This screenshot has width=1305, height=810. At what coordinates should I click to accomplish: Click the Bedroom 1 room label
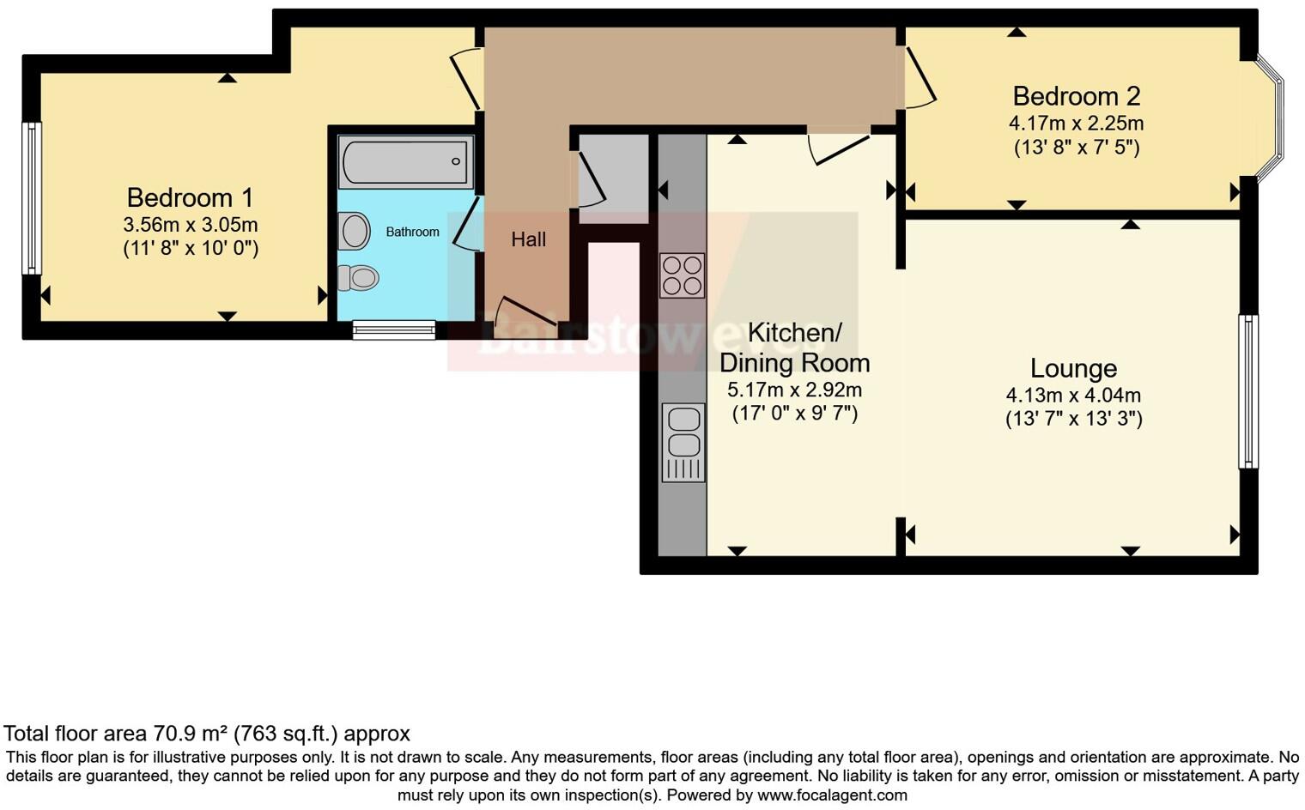coord(190,198)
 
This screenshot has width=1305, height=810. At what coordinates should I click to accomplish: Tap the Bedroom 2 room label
coord(1076,96)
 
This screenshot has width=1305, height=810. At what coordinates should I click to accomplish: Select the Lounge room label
coord(1073,368)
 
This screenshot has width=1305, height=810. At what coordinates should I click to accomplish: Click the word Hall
coord(528,239)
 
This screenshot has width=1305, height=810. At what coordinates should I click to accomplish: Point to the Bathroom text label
coord(412,232)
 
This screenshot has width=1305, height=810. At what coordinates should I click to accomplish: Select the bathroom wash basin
coord(354,231)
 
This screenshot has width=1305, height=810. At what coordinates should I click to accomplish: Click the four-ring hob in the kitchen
coord(683,275)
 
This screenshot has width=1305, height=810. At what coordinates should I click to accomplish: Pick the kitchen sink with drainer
coord(683,442)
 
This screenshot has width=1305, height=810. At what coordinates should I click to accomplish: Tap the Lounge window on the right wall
coord(1247,391)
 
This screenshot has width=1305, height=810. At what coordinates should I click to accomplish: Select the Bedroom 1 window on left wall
coord(32,198)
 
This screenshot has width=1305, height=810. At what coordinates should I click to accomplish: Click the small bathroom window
coord(394,329)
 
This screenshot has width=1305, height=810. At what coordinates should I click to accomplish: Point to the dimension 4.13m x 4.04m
coord(1073,396)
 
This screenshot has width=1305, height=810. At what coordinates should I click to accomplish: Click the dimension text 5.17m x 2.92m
coord(794,390)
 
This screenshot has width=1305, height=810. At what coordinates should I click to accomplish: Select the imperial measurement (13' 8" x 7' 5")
coord(1076,147)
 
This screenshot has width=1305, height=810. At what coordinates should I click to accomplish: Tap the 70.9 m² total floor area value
coord(191,734)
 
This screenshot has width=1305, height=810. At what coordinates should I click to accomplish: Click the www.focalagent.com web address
coord(832,795)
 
